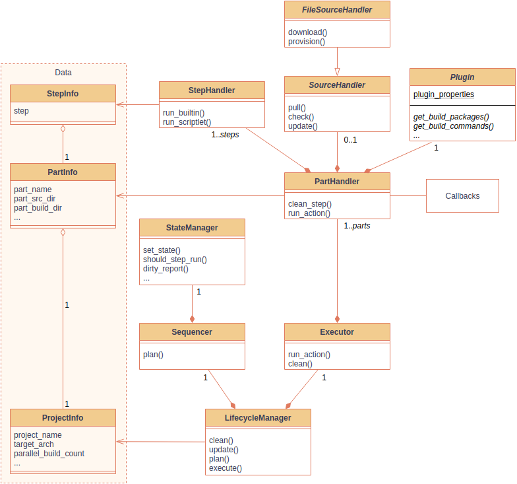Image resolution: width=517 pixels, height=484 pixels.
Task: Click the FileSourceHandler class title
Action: click(x=337, y=10)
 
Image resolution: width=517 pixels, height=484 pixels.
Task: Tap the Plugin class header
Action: click(x=462, y=77)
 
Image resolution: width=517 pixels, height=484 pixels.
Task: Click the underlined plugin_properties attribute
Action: click(x=444, y=94)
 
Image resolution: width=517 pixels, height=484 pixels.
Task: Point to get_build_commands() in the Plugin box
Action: click(x=454, y=125)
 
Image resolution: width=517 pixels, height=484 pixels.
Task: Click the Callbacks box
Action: click(x=462, y=195)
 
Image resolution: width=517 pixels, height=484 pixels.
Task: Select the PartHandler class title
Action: click(x=337, y=182)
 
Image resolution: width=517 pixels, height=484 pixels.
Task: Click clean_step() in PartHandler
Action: click(x=310, y=203)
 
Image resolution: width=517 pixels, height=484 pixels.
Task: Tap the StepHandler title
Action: click(x=212, y=90)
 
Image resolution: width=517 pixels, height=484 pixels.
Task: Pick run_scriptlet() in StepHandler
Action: click(x=187, y=121)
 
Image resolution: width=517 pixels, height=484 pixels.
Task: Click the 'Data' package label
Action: click(x=63, y=73)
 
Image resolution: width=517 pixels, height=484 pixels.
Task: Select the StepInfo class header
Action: click(x=63, y=94)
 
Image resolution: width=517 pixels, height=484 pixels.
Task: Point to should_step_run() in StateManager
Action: click(x=175, y=259)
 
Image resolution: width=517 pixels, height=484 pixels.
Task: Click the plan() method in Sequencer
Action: click(x=153, y=354)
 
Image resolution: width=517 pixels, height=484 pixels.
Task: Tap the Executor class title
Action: click(x=337, y=332)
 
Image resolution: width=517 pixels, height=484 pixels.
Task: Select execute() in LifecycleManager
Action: click(x=226, y=468)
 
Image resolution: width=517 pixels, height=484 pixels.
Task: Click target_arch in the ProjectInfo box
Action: click(x=34, y=444)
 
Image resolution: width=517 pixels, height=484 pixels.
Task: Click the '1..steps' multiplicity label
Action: click(x=225, y=135)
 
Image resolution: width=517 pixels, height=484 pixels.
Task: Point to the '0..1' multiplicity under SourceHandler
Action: click(x=350, y=140)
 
